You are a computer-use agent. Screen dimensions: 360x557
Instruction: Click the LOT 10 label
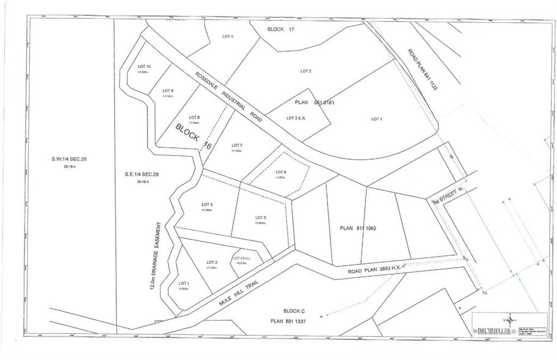tap(144, 67)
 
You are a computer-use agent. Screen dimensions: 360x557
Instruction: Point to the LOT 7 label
tap(237, 145)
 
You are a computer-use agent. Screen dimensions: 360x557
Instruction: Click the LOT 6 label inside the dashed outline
tap(281, 171)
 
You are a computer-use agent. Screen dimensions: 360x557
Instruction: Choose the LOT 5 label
tap(260, 218)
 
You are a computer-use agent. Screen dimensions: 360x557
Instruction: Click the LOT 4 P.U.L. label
tap(243, 258)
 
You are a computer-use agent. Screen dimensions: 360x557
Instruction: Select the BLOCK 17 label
tap(286, 29)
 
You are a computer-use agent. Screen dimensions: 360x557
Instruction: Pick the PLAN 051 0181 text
tap(315, 103)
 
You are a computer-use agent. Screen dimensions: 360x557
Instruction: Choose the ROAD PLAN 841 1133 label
tap(422, 69)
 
